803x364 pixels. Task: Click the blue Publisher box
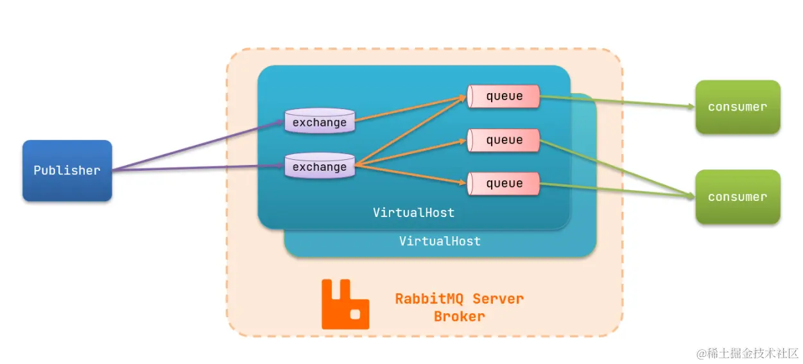tap(67, 171)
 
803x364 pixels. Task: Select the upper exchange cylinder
tap(320, 122)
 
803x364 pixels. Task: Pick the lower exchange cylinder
tap(320, 167)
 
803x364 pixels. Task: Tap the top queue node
tap(504, 96)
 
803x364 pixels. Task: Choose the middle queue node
tap(504, 140)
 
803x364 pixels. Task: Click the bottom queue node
tap(504, 184)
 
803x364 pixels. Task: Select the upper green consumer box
tap(738, 107)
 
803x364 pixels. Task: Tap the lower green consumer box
tap(738, 197)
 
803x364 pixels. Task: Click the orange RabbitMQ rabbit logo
tap(345, 304)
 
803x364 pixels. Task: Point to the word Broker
tap(460, 316)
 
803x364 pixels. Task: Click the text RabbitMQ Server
tap(460, 299)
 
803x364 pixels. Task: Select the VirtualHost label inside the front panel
tap(414, 212)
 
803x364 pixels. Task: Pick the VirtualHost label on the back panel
tap(440, 241)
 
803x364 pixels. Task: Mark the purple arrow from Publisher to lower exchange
tap(199, 168)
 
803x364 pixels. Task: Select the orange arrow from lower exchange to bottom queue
tap(411, 175)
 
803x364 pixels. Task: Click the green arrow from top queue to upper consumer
tap(616, 101)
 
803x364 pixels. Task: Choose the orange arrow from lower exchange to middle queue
tap(411, 152)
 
